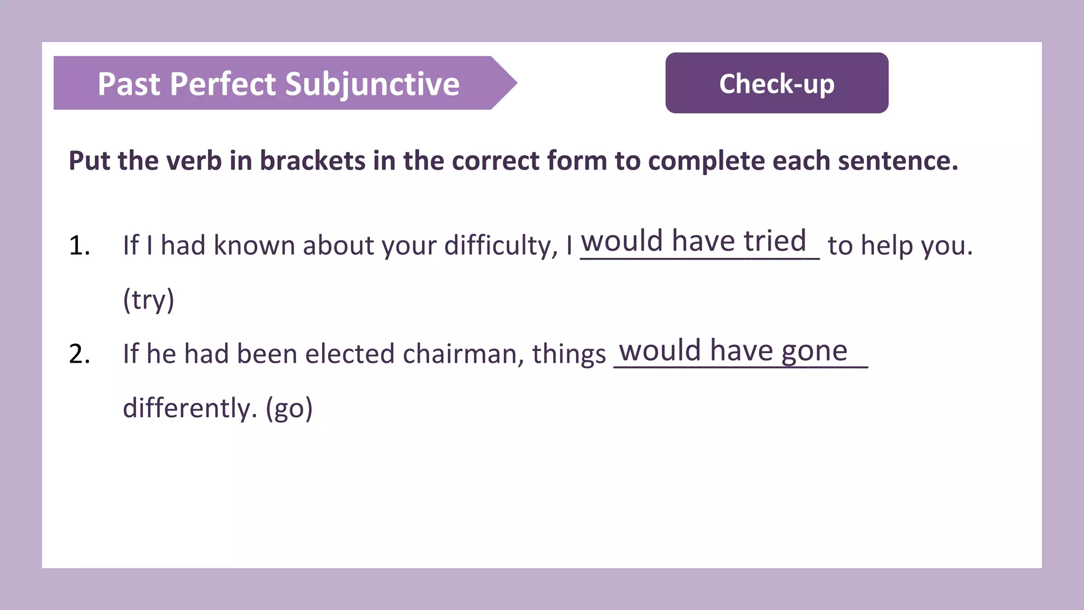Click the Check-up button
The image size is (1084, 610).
click(776, 83)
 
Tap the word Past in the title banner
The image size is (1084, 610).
click(129, 84)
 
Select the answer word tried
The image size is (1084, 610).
click(775, 241)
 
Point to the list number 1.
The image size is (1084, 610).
click(79, 246)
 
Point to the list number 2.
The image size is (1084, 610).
click(79, 354)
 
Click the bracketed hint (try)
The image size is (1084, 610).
click(148, 300)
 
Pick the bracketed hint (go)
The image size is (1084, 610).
click(289, 409)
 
